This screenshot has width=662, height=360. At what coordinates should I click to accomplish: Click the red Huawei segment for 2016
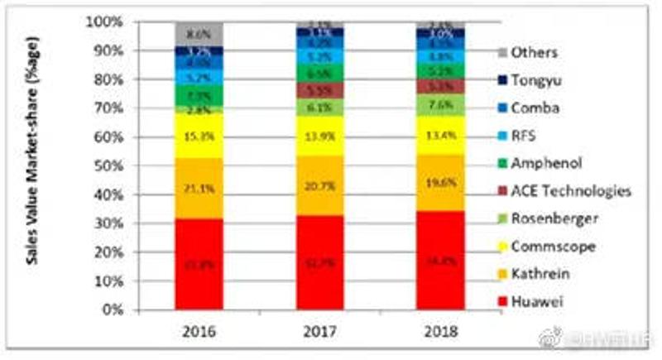click(199, 265)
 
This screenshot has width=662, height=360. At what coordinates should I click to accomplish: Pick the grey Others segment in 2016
click(199, 35)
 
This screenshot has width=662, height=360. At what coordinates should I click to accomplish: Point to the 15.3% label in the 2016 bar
click(199, 135)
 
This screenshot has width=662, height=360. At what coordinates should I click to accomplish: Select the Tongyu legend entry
click(537, 79)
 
